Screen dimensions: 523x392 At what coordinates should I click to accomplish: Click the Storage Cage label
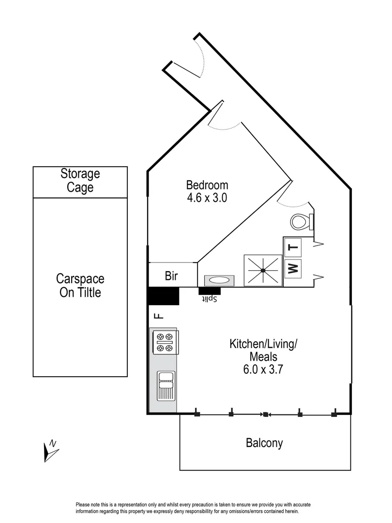[80, 181]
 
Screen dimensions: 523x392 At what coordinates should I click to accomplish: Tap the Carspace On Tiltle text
[80, 286]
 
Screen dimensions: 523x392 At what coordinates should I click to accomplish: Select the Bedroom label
[207, 185]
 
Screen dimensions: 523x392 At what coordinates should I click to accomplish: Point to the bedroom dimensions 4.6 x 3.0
[207, 198]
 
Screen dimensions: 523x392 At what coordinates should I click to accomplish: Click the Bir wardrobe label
[171, 277]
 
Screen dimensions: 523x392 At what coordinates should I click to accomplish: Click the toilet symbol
[301, 222]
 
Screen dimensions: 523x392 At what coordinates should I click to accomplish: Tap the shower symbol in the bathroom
[263, 270]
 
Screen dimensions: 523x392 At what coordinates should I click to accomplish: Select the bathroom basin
[219, 280]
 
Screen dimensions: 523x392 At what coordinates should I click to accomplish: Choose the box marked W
[293, 268]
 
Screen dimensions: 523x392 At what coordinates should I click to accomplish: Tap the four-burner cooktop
[164, 341]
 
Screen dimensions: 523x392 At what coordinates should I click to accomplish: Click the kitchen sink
[166, 385]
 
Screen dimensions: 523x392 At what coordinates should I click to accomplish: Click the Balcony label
[264, 443]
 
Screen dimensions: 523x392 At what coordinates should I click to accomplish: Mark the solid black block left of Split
[163, 296]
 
